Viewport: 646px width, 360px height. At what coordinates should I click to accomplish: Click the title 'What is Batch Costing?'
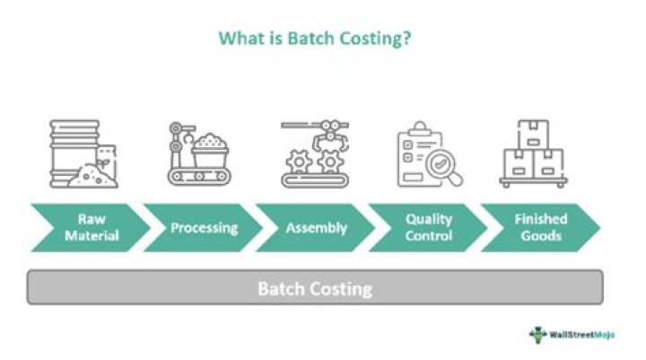(315, 40)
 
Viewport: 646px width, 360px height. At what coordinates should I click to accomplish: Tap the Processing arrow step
(203, 228)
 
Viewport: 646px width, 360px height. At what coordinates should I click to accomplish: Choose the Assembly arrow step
(316, 228)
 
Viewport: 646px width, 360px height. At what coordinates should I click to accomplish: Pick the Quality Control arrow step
(429, 228)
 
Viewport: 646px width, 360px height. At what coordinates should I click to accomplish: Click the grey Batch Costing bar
(315, 288)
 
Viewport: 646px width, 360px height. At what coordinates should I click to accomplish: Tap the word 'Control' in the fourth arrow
(429, 236)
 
